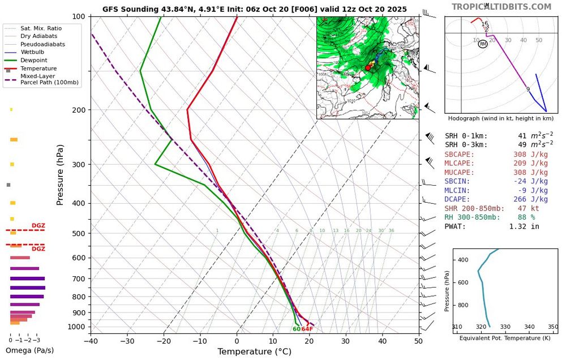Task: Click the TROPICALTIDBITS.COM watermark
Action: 501,7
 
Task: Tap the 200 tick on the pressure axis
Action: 78,110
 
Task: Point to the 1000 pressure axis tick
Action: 76,327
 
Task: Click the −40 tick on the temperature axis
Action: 91,341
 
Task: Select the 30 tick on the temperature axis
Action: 346,341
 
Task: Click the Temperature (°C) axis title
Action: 254,352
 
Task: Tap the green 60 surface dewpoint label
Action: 297,329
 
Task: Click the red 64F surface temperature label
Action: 307,329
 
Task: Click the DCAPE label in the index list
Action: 457,199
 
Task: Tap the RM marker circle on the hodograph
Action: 483,44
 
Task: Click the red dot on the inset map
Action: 368,67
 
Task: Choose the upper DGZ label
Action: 38,226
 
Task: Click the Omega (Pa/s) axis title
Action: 30,350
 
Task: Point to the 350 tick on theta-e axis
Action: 553,327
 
